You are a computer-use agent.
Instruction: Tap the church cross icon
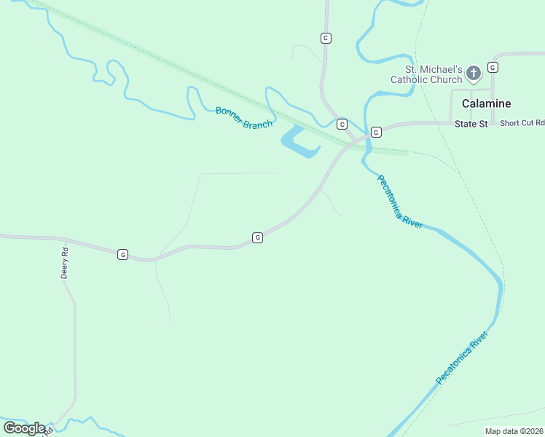coord(474,73)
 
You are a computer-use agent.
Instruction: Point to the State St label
coord(471,125)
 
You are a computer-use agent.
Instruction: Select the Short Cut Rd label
coord(522,123)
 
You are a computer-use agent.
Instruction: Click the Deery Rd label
coord(64,264)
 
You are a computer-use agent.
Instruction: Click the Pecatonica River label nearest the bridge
coord(399,202)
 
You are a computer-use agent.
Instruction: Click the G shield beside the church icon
coord(493,67)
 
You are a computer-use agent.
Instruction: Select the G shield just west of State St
coord(376,132)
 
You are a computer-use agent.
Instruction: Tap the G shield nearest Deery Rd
coord(122,254)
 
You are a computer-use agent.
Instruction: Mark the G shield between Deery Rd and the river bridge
coord(257,237)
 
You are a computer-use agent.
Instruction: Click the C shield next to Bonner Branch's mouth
coord(341,124)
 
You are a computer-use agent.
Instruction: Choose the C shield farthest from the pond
coord(326,38)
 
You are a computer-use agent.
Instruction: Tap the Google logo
coord(24,428)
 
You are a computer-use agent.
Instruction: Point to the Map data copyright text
coord(514,431)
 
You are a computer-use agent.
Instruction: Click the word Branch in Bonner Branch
coord(258,122)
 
